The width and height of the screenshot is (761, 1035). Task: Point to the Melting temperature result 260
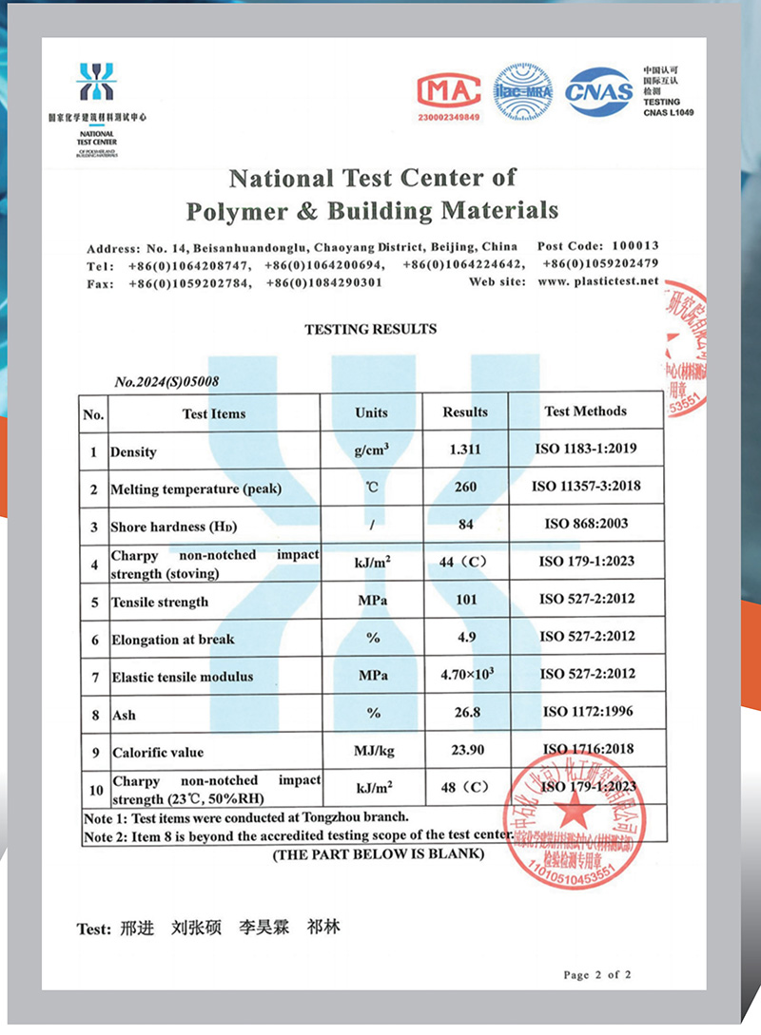pyautogui.click(x=465, y=487)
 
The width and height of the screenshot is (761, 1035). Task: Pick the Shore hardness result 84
pyautogui.click(x=465, y=524)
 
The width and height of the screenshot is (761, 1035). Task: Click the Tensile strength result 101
pyautogui.click(x=465, y=600)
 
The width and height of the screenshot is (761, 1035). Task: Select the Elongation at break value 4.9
pyautogui.click(x=465, y=638)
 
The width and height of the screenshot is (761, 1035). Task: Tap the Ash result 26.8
pyautogui.click(x=465, y=712)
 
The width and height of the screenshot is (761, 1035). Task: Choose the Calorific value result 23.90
pyautogui.click(x=465, y=749)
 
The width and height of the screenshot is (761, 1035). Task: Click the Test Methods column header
pyautogui.click(x=585, y=412)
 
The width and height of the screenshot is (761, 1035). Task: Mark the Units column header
pyautogui.click(x=371, y=412)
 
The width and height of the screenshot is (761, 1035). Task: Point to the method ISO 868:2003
pyautogui.click(x=585, y=524)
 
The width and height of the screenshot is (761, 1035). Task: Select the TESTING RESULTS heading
pyautogui.click(x=370, y=329)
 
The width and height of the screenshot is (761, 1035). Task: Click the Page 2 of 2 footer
pyautogui.click(x=596, y=974)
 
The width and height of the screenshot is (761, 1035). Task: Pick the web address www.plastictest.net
pyautogui.click(x=597, y=281)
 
